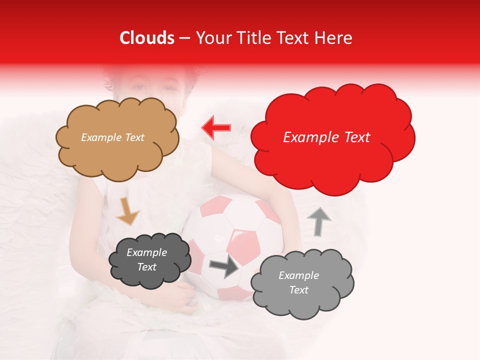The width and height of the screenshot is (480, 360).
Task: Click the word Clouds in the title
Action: coord(146,38)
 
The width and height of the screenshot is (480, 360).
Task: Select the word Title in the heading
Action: coord(251,38)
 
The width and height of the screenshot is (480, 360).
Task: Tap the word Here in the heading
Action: coord(333,38)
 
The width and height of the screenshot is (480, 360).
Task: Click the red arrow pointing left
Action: coord(216,128)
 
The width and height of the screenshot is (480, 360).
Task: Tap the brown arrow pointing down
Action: coord(128,211)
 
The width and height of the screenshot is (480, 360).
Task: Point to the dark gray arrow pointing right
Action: coord(224,266)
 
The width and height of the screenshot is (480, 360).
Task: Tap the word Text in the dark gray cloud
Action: coord(146,267)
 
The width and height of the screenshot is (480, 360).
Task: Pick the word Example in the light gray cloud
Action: coord(298,275)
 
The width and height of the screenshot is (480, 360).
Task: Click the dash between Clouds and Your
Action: coord(184,38)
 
